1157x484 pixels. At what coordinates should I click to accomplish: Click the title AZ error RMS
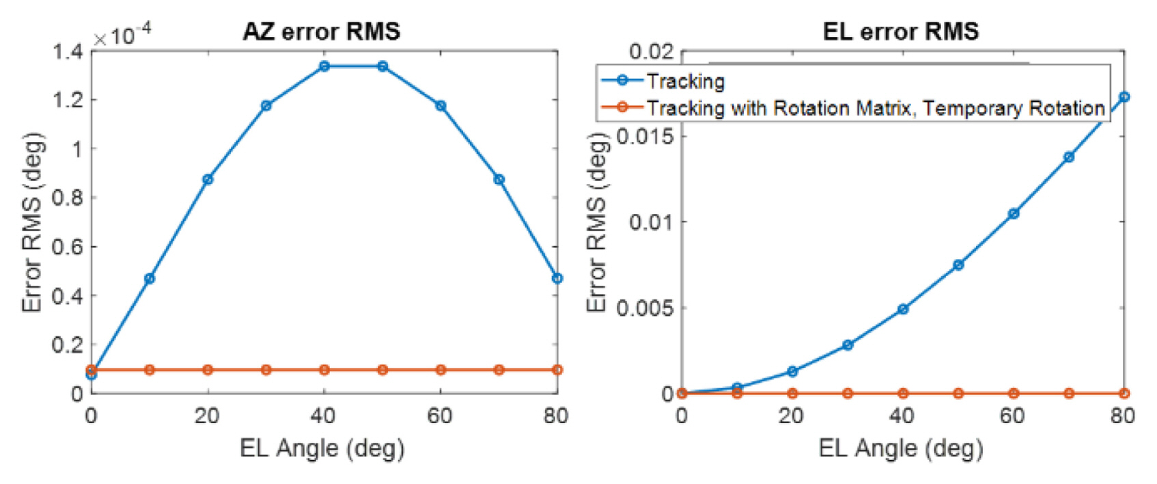(321, 31)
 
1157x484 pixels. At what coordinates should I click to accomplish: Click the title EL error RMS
(900, 31)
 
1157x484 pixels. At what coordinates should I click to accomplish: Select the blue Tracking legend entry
(685, 81)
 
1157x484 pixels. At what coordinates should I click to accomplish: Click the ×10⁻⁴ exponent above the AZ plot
(122, 34)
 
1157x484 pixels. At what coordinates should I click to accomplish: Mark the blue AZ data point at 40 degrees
(324, 66)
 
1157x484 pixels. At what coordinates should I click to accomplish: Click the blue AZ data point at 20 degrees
(208, 179)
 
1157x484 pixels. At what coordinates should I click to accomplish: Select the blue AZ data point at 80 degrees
(557, 278)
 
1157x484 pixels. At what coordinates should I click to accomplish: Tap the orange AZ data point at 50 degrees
(382, 370)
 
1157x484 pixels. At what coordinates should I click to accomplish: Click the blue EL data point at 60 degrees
(1014, 213)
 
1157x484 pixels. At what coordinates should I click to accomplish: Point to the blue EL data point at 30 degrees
(848, 345)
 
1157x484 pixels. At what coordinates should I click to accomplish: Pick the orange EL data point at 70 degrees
(1069, 393)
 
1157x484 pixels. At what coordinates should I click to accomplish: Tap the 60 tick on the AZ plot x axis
(441, 416)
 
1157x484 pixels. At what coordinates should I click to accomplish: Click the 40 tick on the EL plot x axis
(902, 416)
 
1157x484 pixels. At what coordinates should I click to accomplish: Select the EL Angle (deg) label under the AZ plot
(322, 448)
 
